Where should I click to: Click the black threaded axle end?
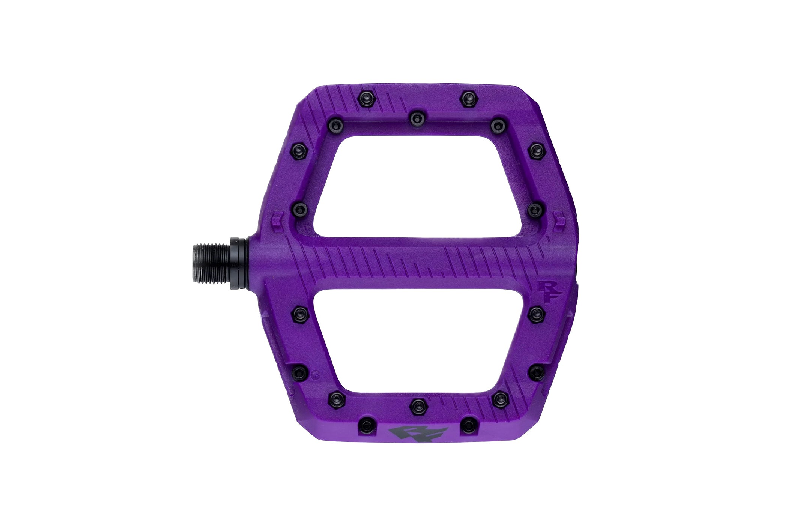tap(212, 261)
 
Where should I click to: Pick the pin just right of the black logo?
tap(467, 424)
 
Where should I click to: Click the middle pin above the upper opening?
tap(415, 119)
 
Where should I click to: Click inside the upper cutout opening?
tap(417, 184)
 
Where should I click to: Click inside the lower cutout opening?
tap(417, 341)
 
